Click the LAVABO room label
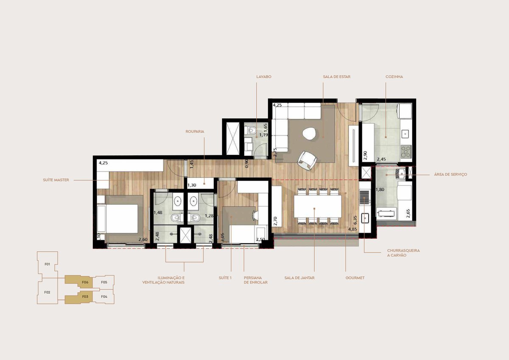264,77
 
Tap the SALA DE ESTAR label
336,77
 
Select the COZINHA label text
394,77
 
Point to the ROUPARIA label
195,132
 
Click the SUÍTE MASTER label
56,180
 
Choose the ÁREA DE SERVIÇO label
450,174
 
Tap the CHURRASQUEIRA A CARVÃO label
403,253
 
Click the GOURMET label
355,278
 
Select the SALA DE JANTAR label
299,278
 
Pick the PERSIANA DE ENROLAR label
256,280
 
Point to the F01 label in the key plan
47,264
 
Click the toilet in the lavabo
250,130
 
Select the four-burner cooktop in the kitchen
406,152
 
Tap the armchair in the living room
307,160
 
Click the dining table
318,206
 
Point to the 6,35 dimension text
355,220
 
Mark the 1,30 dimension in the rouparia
192,186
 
